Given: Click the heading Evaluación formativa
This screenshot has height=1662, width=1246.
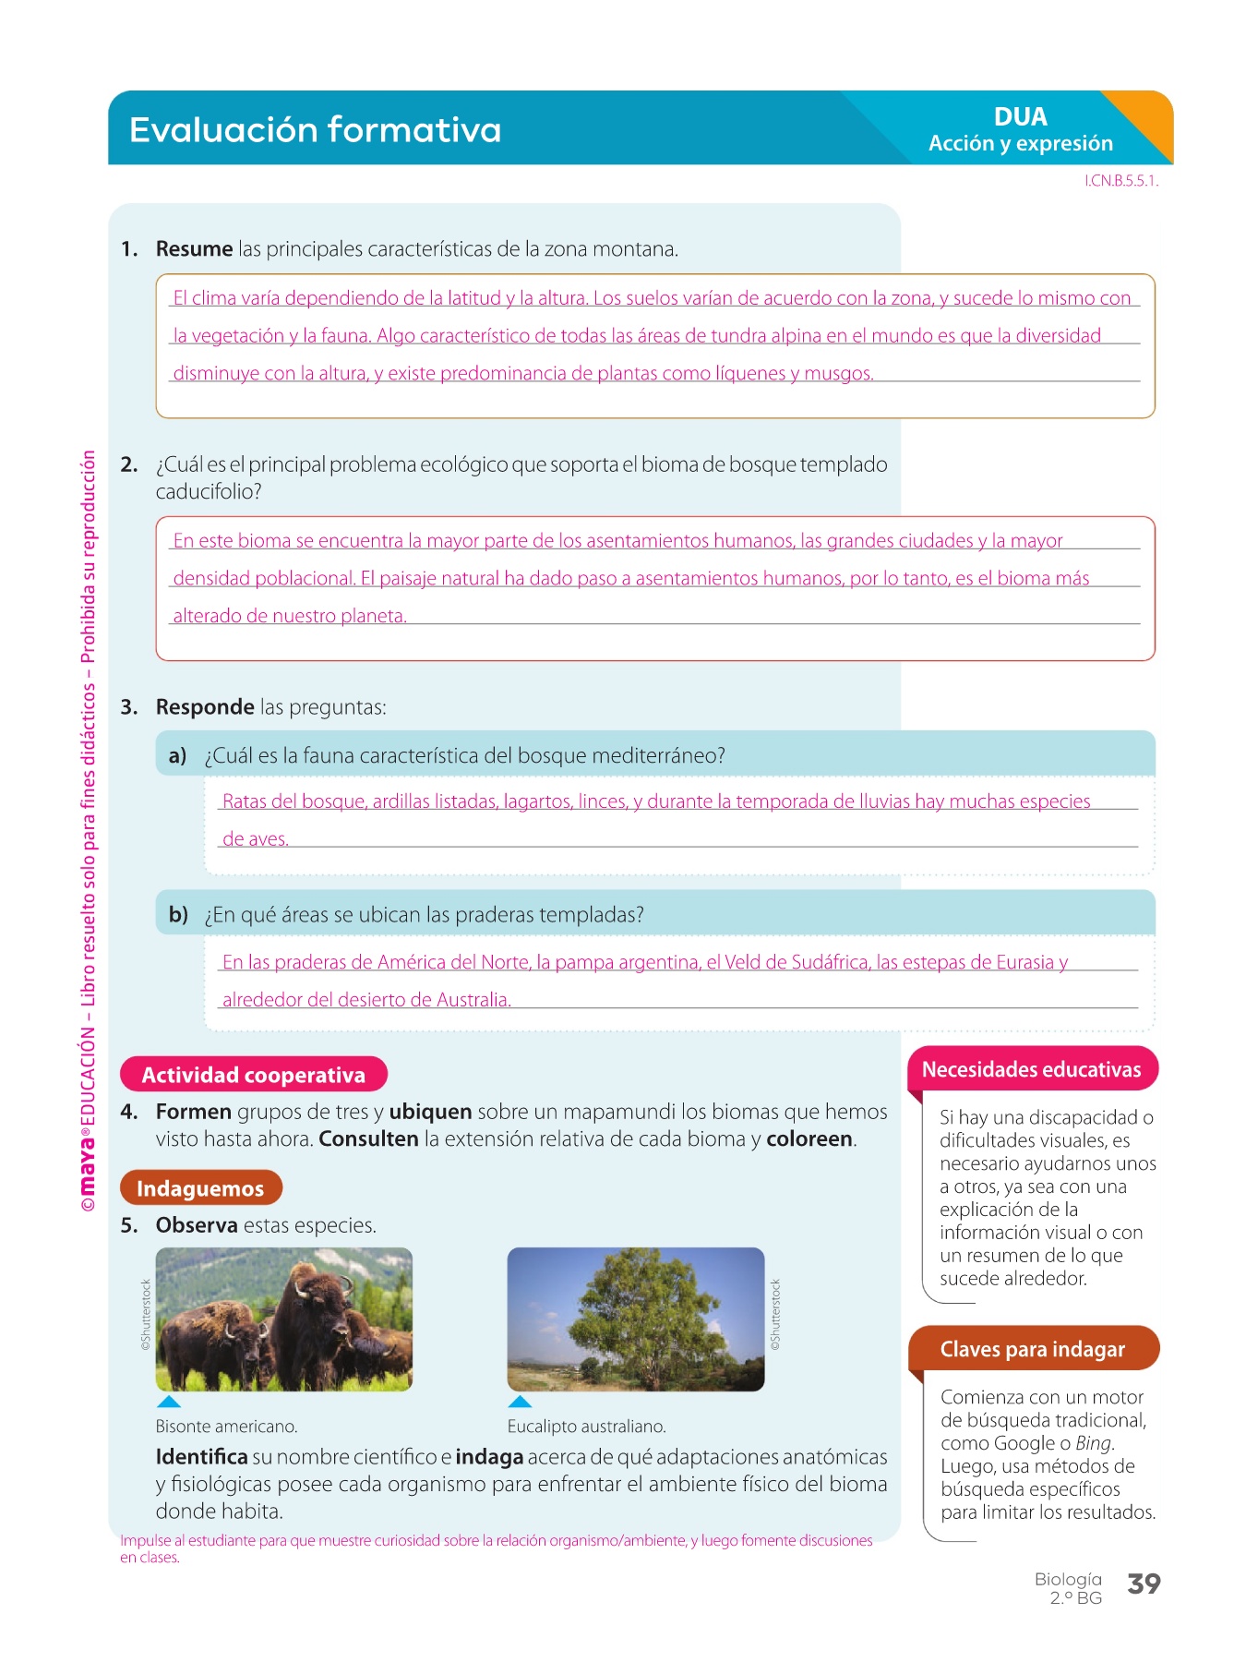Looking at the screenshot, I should click(315, 129).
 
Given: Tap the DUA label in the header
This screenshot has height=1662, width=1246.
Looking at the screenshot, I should click(1020, 117).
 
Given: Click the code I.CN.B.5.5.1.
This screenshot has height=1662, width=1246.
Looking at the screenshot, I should click(1120, 181).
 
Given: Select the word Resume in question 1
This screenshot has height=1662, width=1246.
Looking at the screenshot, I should click(194, 249).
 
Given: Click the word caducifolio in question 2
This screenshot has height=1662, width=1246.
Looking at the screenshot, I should click(208, 491).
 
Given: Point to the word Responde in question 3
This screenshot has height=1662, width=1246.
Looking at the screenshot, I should click(205, 707).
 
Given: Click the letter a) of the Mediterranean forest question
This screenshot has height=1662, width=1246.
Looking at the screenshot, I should click(177, 756).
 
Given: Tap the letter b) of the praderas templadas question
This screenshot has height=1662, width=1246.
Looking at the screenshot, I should click(178, 915).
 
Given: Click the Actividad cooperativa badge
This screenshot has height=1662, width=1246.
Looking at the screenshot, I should click(253, 1075).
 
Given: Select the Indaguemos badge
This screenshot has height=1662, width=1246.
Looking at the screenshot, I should click(200, 1188).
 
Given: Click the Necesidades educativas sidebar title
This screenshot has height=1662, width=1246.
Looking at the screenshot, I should click(1031, 1069).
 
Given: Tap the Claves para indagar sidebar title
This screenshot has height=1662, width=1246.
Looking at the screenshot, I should click(1032, 1349).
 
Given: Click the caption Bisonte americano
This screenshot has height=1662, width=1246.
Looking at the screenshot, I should click(226, 1427).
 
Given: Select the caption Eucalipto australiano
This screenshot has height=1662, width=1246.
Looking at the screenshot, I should click(586, 1427).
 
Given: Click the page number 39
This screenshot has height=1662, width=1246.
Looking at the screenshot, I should click(1144, 1584).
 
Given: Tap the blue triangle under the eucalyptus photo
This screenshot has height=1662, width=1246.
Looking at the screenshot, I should click(520, 1402).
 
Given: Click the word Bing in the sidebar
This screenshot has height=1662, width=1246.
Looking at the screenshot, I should click(1094, 1443).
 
